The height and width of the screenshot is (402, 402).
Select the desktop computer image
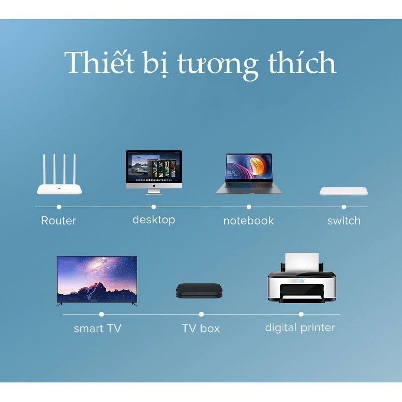tap(154, 172)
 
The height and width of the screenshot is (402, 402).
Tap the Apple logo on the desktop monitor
tap(154, 185)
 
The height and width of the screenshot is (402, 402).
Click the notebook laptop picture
tap(249, 174)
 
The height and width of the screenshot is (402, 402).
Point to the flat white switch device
tap(344, 191)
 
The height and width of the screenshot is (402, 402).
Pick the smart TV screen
tap(97, 279)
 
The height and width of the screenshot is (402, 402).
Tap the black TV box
tap(199, 291)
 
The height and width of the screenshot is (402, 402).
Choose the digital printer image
tap(302, 277)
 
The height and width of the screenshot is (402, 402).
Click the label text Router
tap(59, 221)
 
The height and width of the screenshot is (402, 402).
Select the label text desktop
tap(154, 220)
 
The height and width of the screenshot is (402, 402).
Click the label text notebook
tap(248, 221)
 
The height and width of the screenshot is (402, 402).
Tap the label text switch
tap(344, 221)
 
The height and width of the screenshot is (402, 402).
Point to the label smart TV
tap(97, 328)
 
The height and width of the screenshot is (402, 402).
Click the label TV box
tap(200, 328)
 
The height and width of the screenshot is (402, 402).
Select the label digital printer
tap(300, 328)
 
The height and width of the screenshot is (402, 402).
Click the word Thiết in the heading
tap(99, 61)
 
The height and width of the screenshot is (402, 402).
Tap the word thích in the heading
tap(303, 61)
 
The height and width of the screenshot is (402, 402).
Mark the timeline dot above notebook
tap(249, 207)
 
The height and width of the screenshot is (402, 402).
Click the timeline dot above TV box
tap(202, 314)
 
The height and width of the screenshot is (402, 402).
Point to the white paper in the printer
tap(302, 262)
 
